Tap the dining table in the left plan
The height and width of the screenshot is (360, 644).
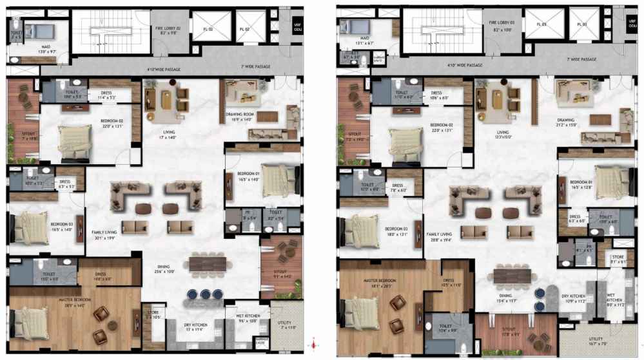(211, 265)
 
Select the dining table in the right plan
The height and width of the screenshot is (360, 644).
(513, 275)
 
